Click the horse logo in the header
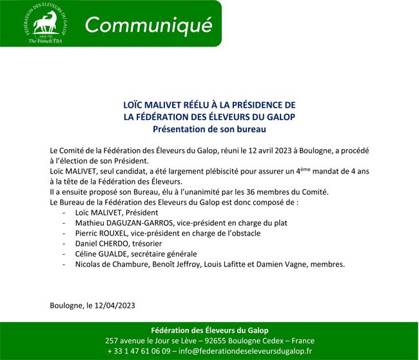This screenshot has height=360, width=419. click(x=45, y=22)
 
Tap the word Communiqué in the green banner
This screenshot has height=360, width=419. click(x=149, y=25)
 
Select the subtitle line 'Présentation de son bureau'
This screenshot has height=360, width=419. click(x=209, y=128)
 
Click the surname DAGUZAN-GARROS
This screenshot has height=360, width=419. click(x=146, y=222)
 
